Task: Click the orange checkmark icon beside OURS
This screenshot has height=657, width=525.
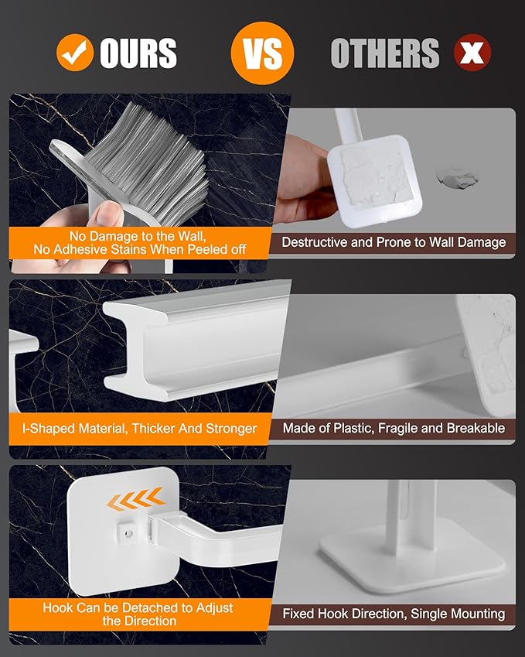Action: pyautogui.click(x=75, y=52)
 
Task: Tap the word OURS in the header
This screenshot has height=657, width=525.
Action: pyautogui.click(x=138, y=53)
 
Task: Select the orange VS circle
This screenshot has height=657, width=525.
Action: pyautogui.click(x=261, y=52)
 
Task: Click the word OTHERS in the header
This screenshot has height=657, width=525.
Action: pyautogui.click(x=384, y=53)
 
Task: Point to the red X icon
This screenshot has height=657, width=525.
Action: pyautogui.click(x=472, y=52)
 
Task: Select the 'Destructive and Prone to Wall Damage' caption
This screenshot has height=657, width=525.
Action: pyautogui.click(x=393, y=242)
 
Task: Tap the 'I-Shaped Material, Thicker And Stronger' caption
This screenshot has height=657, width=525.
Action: pyautogui.click(x=139, y=428)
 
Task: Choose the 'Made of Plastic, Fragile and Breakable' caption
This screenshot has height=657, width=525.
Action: pyautogui.click(x=393, y=428)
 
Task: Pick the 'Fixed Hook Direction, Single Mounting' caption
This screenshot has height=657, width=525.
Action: pyautogui.click(x=393, y=614)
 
